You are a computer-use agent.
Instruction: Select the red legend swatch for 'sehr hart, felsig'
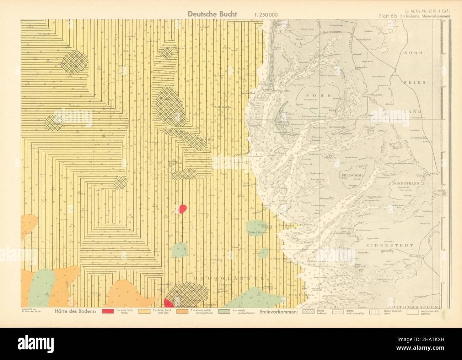coord(108,312)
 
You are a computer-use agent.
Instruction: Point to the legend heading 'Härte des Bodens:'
coord(75,312)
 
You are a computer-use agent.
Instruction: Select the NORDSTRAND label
coord(405,183)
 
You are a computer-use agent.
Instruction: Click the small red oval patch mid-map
coord(182,208)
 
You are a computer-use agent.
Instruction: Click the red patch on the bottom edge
coord(168,303)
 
